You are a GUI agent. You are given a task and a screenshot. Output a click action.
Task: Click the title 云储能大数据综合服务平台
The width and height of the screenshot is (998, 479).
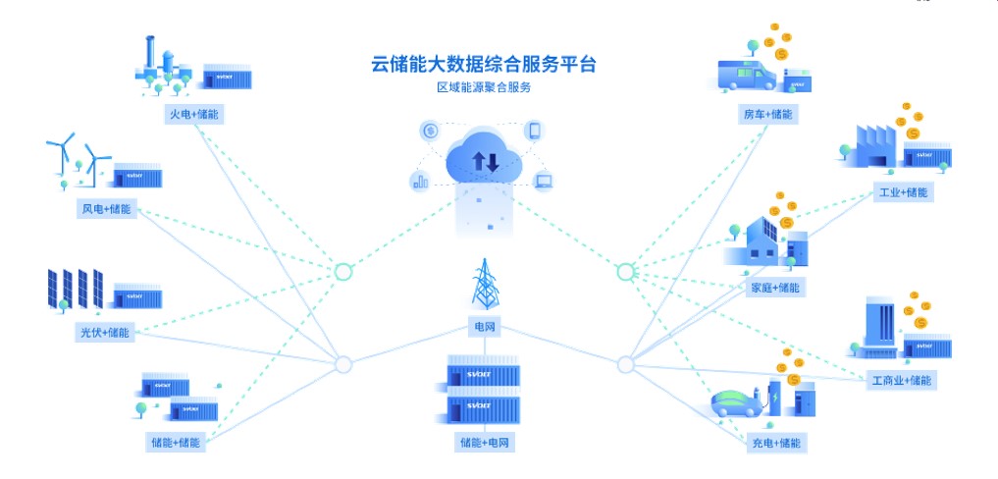(x=483, y=65)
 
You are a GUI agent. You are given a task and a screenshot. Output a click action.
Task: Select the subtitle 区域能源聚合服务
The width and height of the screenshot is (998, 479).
(x=483, y=88)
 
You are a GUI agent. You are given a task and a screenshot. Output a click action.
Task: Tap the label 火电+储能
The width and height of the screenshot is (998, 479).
(x=193, y=115)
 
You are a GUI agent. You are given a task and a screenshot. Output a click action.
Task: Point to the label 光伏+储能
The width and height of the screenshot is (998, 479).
(x=104, y=333)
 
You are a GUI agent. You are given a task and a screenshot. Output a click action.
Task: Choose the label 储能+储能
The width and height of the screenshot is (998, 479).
(x=177, y=443)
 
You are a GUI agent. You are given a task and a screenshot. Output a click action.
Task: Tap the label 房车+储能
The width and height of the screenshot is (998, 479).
(x=766, y=115)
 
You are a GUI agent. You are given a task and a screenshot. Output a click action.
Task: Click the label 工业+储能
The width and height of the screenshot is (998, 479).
(x=902, y=192)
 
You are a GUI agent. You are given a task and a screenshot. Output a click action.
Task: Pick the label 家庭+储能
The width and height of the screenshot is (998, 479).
(x=776, y=288)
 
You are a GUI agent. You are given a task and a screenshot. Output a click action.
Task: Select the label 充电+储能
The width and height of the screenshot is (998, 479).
(x=776, y=444)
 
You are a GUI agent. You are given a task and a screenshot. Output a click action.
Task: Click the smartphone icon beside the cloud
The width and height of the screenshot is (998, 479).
(x=536, y=132)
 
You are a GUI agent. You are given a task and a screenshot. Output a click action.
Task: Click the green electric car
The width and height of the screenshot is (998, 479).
(x=736, y=403)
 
